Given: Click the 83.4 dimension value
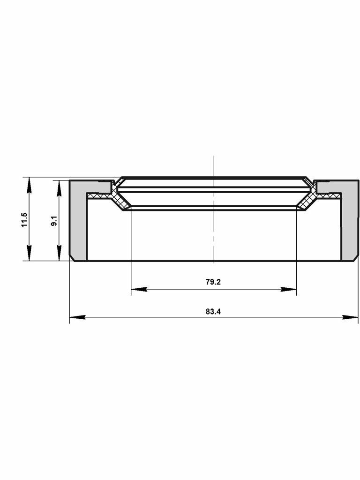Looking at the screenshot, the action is (213, 312).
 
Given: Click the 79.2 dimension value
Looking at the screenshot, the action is (213, 282).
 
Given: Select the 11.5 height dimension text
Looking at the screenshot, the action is (24, 220).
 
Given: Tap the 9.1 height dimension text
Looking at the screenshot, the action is (54, 221).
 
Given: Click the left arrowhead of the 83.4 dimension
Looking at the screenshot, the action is (77, 317).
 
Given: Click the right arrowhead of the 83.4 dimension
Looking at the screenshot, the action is (350, 317).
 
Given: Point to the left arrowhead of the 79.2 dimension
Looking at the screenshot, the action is (139, 289).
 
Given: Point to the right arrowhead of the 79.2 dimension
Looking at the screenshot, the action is (289, 289).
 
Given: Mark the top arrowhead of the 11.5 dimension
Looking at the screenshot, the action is (29, 185).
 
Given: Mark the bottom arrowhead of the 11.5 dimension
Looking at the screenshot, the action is (29, 253).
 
